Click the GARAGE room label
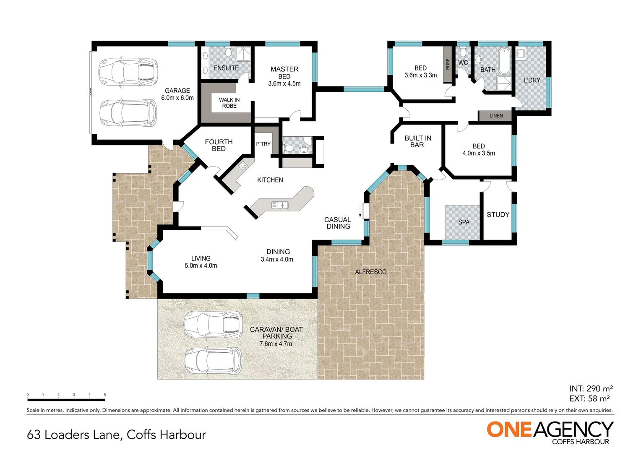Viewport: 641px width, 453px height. pyautogui.click(x=177, y=91)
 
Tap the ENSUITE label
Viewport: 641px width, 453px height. pyautogui.click(x=226, y=68)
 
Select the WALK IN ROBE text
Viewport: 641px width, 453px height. pyautogui.click(x=229, y=103)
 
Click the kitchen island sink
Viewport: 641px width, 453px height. pyautogui.click(x=279, y=205)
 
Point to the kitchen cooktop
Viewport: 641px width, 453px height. pyautogui.click(x=243, y=166)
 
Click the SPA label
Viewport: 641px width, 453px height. pyautogui.click(x=464, y=222)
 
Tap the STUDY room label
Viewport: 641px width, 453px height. pyautogui.click(x=498, y=215)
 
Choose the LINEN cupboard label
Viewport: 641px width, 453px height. pyautogui.click(x=496, y=116)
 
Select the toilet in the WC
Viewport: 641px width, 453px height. pyautogui.click(x=463, y=52)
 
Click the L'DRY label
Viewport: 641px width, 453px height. pyautogui.click(x=532, y=80)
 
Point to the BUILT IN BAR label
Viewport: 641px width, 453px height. pyautogui.click(x=417, y=141)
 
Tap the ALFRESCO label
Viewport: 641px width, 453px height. pyautogui.click(x=370, y=272)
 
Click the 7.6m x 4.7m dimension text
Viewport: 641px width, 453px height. pyautogui.click(x=276, y=344)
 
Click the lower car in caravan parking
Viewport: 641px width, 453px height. pyautogui.click(x=213, y=361)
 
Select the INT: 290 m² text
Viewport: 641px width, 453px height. pyautogui.click(x=591, y=389)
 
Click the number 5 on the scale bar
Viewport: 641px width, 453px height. pyautogui.click(x=105, y=395)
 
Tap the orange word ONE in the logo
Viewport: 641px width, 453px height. pyautogui.click(x=509, y=430)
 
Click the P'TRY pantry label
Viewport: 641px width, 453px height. pyautogui.click(x=263, y=144)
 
